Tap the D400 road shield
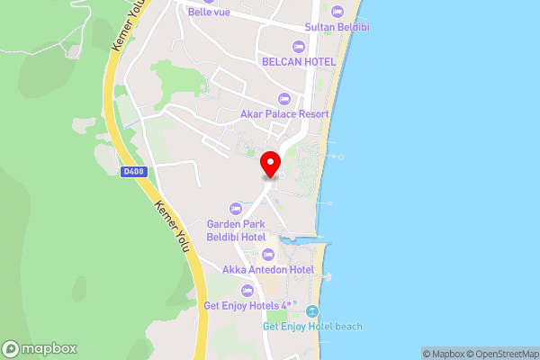pos(133,171)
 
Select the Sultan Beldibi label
pos(337,28)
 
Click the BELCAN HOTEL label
pos(299,62)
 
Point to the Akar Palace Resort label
pos(284,114)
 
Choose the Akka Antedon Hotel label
pos(261,269)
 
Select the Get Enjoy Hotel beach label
pos(312,326)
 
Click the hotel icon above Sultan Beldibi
pos(337,12)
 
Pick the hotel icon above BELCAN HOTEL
pos(299,46)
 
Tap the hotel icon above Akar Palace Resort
pos(284,98)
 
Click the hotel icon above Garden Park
pos(235,207)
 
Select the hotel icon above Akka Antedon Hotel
pos(261,253)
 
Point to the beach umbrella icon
pos(312,310)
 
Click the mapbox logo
pos(40,348)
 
